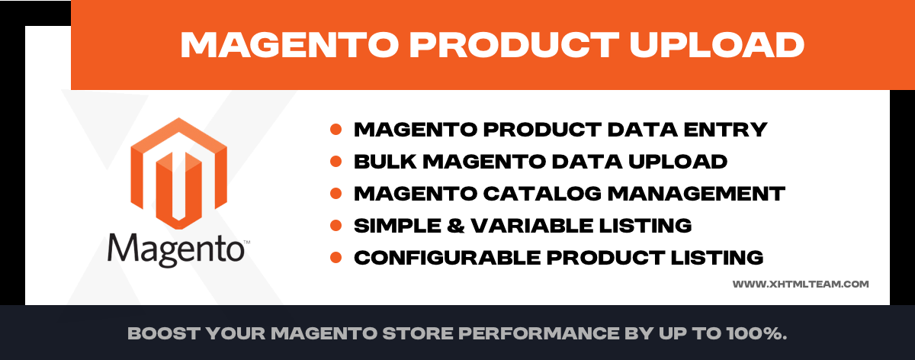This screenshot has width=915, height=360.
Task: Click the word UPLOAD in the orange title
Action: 717,44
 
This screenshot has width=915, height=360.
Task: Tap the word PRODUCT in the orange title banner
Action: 514,44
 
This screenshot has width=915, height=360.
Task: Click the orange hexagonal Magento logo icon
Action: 178,173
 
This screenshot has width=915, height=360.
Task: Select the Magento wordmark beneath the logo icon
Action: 178,250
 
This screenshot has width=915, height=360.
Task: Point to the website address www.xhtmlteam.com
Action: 800,284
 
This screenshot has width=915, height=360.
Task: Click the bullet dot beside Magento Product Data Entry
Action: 335,130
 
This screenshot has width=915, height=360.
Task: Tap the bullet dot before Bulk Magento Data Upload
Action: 335,162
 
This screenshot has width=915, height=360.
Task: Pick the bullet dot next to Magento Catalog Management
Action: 335,193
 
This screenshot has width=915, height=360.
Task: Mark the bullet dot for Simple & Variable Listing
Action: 335,226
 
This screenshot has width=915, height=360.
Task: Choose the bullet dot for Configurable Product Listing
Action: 335,258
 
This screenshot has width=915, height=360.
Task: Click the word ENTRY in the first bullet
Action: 725,130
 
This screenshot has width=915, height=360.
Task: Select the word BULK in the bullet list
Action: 385,162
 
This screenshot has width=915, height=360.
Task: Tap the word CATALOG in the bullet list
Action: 542,193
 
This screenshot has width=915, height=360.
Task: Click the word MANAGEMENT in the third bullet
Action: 696,193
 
